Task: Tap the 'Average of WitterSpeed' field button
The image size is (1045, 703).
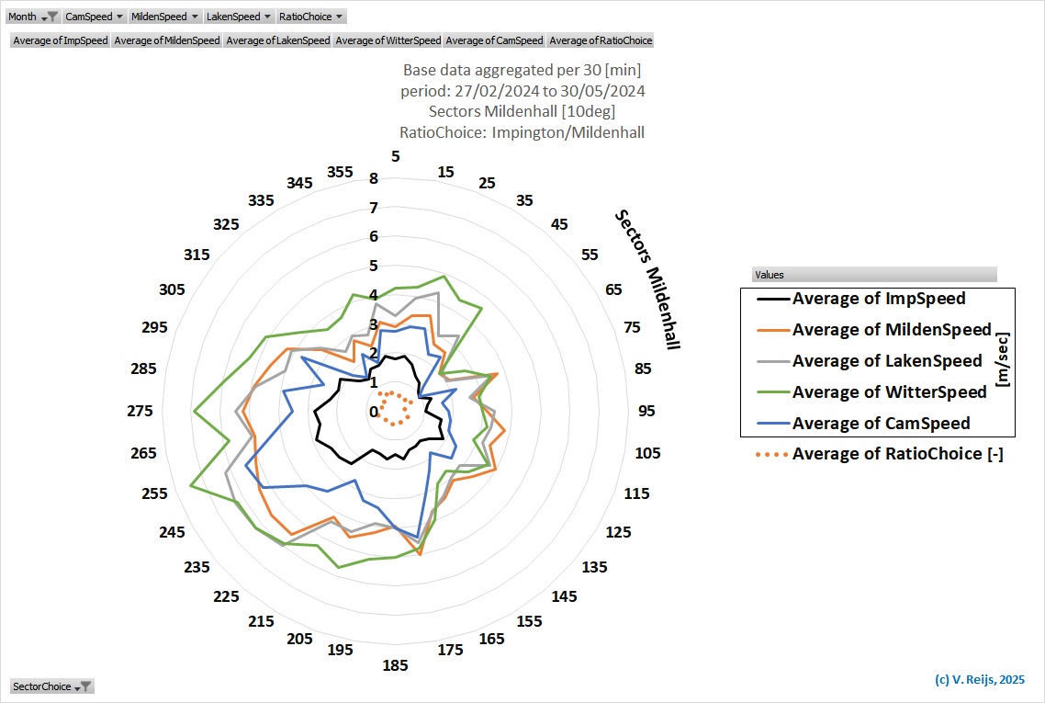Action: pyautogui.click(x=388, y=40)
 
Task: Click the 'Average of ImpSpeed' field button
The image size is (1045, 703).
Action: pyautogui.click(x=61, y=40)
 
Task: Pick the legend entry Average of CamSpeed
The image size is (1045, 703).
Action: pyautogui.click(x=881, y=424)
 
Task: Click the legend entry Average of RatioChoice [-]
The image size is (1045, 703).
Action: pyautogui.click(x=897, y=453)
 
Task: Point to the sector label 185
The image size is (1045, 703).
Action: pyautogui.click(x=396, y=665)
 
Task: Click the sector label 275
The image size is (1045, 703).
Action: pyautogui.click(x=140, y=411)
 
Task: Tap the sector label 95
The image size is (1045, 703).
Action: pyautogui.click(x=647, y=411)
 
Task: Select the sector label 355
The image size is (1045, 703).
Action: pyautogui.click(x=340, y=172)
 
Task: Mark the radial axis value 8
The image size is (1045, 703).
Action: pyautogui.click(x=374, y=178)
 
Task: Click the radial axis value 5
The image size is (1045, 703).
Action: pyautogui.click(x=374, y=266)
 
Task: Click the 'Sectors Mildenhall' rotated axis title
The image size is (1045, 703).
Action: pyautogui.click(x=647, y=279)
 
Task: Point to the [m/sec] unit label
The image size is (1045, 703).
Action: pyautogui.click(x=1003, y=361)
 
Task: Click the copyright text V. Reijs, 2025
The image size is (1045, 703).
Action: pyautogui.click(x=979, y=680)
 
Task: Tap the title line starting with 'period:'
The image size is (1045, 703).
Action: pyautogui.click(x=522, y=91)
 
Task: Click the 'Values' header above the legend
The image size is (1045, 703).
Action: pyautogui.click(x=873, y=275)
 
